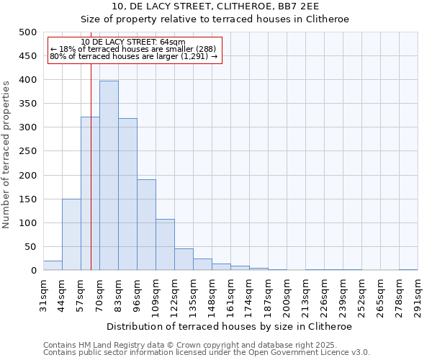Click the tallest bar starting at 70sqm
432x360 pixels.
(x=109, y=176)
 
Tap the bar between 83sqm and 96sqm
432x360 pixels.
(x=127, y=194)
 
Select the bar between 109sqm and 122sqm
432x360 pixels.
(x=165, y=245)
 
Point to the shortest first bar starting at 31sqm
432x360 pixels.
(x=53, y=266)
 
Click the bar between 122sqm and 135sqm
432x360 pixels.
(x=184, y=260)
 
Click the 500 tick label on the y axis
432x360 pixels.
(x=27, y=32)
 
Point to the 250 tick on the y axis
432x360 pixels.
(x=27, y=151)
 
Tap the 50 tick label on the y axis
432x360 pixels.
(x=30, y=247)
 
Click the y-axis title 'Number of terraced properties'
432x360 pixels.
(x=6, y=154)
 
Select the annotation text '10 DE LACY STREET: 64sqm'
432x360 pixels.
(x=133, y=42)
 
